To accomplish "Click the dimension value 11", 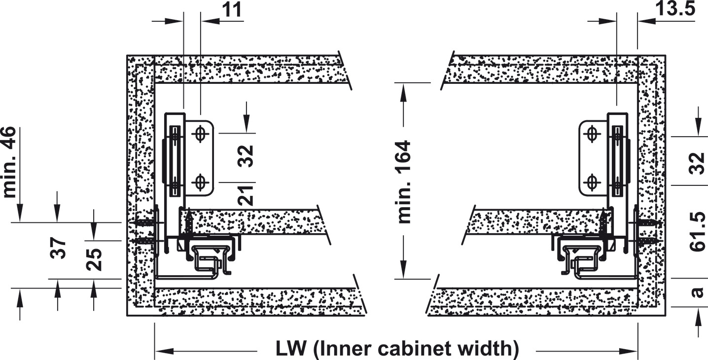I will tap(231, 10).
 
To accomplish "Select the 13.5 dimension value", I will tap(675, 9).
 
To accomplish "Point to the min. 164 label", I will tap(404, 182).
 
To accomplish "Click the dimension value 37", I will tap(58, 248).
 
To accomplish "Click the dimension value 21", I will tap(247, 194).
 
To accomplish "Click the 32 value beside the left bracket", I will tap(247, 156).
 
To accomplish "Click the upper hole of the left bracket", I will tap(200, 134).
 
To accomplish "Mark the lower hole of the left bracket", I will tap(200, 182).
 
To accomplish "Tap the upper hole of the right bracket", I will tap(592, 134).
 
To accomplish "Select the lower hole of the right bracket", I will tap(592, 182).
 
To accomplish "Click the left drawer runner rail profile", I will tap(210, 256).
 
